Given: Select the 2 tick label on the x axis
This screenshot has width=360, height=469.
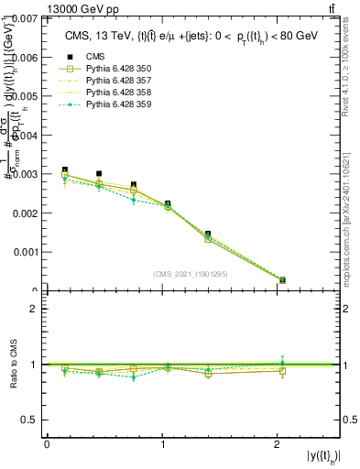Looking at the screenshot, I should [x=277, y=444].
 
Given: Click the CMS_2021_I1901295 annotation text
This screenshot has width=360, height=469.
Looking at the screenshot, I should [x=191, y=275].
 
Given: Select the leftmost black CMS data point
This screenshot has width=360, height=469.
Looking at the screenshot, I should [x=64, y=169].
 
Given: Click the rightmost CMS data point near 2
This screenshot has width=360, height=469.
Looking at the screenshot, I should [x=282, y=280].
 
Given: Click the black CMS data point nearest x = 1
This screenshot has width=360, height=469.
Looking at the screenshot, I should [x=168, y=203].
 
